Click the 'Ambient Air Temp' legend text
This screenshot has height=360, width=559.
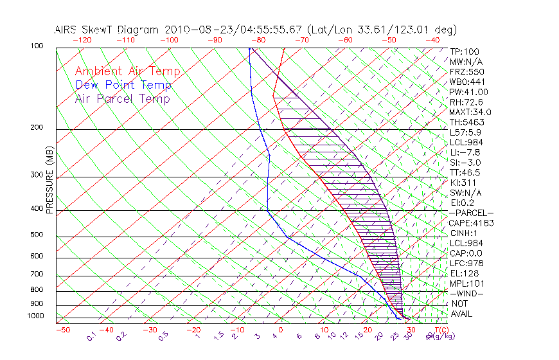click(127, 71)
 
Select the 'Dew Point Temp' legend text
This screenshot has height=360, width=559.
click(123, 85)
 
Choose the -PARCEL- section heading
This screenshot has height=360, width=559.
click(472, 213)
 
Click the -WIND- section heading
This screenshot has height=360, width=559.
click(466, 293)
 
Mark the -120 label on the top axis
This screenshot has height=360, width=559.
click(82, 40)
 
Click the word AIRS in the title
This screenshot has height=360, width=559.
click(68, 29)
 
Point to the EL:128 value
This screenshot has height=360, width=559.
click(465, 273)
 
